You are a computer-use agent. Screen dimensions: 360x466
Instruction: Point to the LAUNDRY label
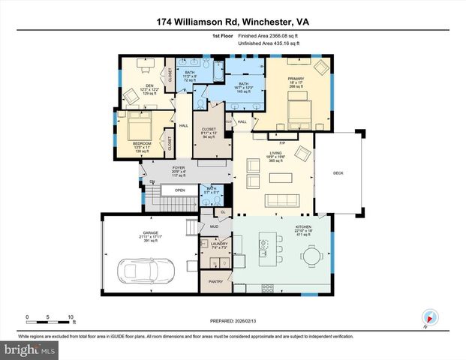coord(219,244)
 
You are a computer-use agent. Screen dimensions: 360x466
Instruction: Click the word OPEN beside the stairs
coord(180,190)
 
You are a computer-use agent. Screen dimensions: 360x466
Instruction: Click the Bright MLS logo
coord(30,349)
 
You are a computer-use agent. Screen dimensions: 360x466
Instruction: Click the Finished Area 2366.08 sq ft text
coord(268,35)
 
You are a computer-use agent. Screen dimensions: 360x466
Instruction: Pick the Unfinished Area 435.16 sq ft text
coord(268,43)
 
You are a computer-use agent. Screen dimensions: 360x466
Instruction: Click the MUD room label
coord(214,226)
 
